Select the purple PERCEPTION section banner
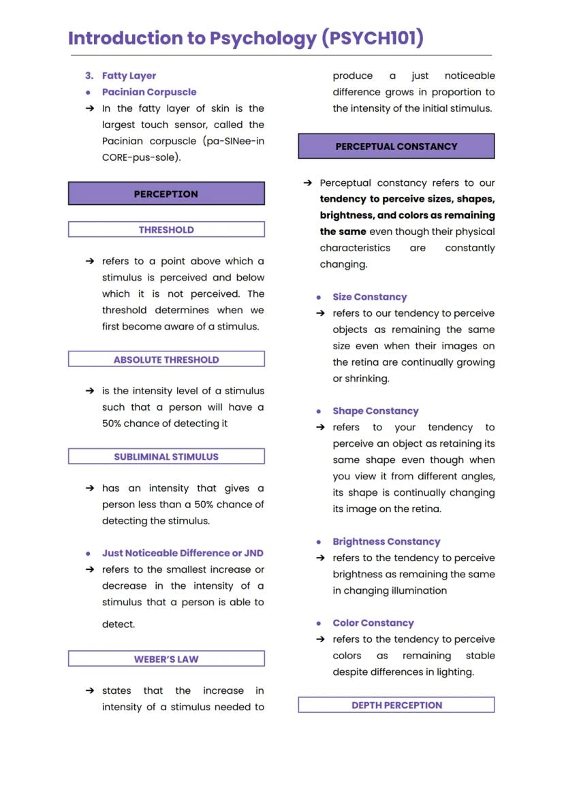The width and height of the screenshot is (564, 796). click(166, 194)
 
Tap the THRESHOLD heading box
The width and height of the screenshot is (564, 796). click(166, 230)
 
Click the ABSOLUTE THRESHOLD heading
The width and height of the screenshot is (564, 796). click(166, 360)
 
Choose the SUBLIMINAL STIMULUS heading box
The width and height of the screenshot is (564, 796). click(166, 457)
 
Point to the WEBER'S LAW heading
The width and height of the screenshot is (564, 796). click(166, 659)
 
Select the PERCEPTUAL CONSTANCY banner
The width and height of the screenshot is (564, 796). click(396, 146)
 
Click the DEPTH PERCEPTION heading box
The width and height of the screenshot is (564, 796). click(396, 705)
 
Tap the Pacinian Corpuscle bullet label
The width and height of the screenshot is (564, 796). click(149, 92)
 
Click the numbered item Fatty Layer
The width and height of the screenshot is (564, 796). click(129, 76)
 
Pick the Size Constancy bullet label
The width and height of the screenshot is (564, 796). click(369, 297)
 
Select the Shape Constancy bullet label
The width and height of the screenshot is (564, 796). click(375, 411)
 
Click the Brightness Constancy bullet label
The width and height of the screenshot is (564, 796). click(386, 542)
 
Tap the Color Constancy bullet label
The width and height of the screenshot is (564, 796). click(373, 623)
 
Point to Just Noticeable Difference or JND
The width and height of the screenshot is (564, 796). click(183, 554)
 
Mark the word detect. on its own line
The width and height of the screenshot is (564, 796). click(119, 624)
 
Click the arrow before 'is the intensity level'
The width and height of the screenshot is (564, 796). click(89, 392)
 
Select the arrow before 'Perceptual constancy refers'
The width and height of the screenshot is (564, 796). click(307, 183)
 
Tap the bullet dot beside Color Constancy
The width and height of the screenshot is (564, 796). click(319, 623)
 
